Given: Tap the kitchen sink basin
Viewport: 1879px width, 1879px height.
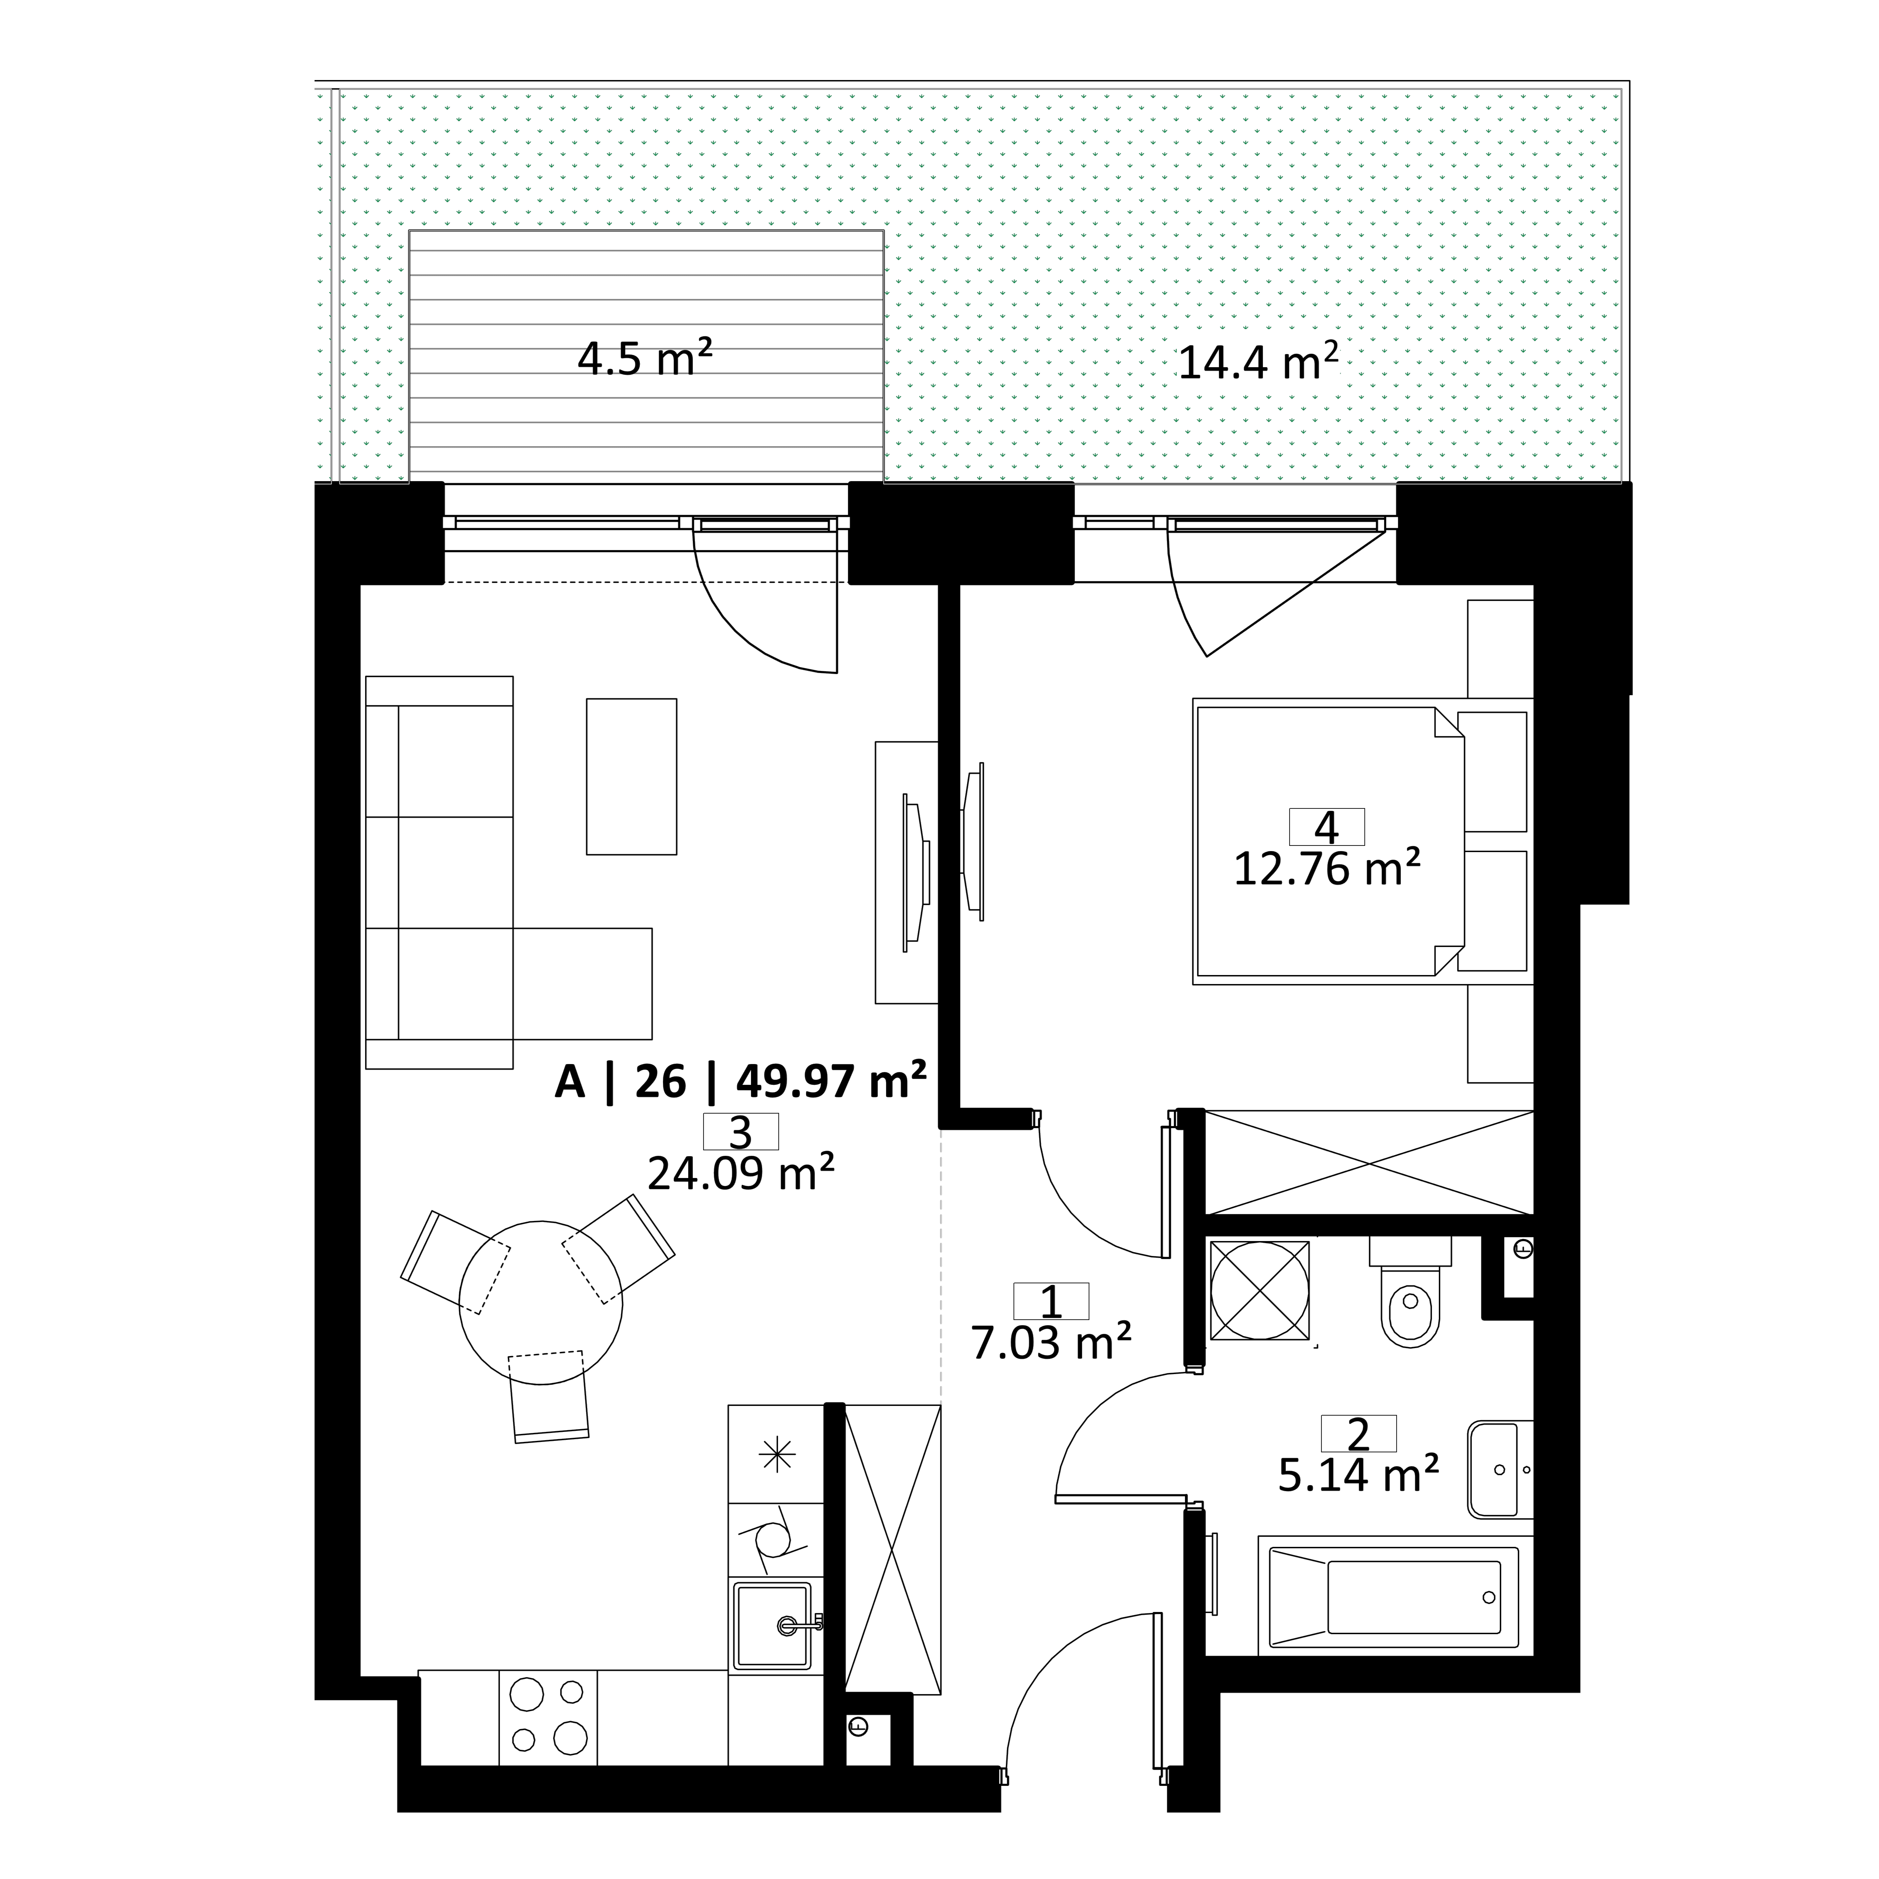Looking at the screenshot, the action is (773, 1624).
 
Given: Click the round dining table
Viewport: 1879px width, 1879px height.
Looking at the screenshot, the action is (541, 1302).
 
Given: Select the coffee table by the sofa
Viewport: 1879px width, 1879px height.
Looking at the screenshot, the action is (631, 776).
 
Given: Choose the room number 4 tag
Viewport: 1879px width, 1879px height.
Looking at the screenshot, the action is (1327, 827).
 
